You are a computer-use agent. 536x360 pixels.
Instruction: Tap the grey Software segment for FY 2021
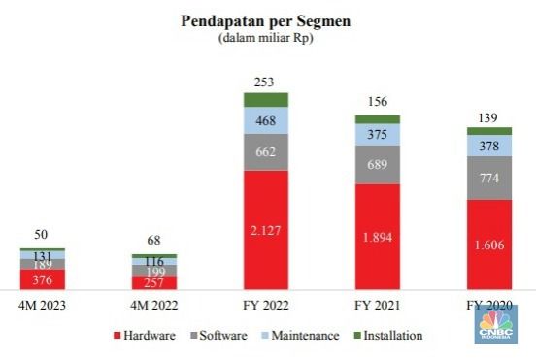(x=377, y=164)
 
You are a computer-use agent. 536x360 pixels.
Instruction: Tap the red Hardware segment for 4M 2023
(x=43, y=279)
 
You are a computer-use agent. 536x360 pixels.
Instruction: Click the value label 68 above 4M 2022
(x=154, y=240)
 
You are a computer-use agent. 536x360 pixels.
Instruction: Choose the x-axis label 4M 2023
(x=43, y=306)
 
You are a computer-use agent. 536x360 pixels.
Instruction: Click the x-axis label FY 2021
(x=377, y=306)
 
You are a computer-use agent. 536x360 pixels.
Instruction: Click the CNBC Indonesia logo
(x=496, y=324)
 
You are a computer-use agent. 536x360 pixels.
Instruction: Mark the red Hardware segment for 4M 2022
(x=154, y=282)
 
